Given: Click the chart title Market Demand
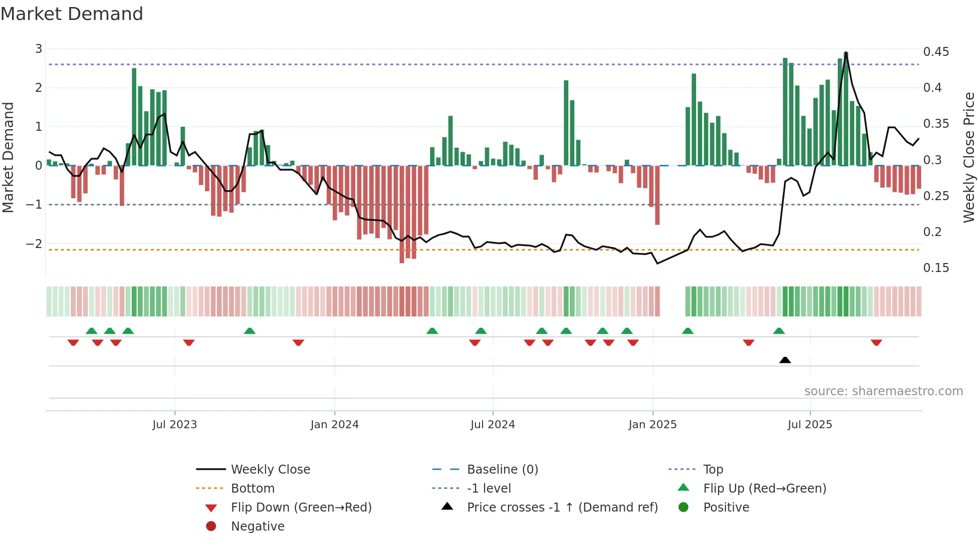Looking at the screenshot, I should (72, 14).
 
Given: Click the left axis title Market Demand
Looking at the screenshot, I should (8, 157).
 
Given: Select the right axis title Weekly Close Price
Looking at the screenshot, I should (969, 157).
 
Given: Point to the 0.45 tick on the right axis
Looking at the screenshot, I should (936, 52).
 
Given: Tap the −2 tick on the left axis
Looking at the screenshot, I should (34, 244).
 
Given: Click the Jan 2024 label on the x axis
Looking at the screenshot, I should (334, 425).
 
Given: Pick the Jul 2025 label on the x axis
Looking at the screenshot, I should (810, 425).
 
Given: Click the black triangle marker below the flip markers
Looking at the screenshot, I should (785, 360).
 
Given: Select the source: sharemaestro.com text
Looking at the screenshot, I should (883, 391).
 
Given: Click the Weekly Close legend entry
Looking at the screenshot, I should (270, 470).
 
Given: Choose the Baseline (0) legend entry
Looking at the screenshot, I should (502, 470).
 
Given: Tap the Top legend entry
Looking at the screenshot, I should (713, 470).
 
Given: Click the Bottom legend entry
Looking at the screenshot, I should (252, 489).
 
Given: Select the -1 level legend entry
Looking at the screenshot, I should (489, 489).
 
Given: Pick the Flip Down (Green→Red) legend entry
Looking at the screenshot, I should (301, 508).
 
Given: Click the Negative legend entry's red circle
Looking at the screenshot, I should (211, 527).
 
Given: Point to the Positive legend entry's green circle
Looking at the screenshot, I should (684, 508).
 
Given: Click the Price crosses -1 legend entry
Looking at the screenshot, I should (562, 508).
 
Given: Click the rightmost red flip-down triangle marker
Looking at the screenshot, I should (876, 342).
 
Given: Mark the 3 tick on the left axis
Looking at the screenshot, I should (38, 49).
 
